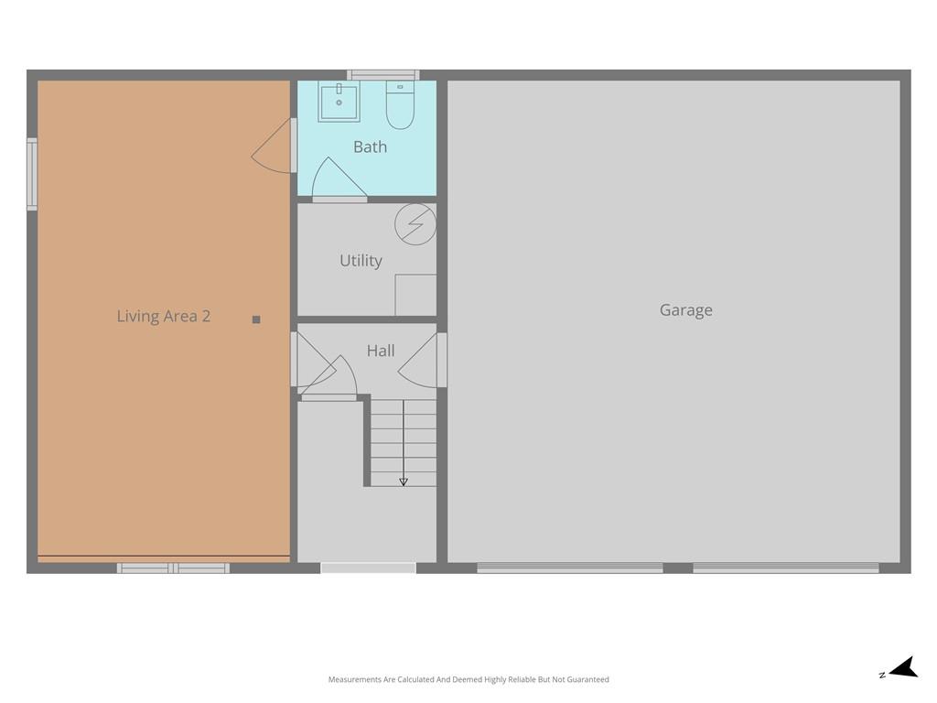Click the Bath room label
370,146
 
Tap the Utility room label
361,261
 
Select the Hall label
381,351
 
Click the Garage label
686,310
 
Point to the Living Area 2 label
164,316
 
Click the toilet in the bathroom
400,104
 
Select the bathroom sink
339,102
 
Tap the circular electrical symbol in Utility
415,224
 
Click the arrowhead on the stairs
404,481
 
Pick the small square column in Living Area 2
256,319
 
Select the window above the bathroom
383,75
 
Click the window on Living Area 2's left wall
32,174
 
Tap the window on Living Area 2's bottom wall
173,568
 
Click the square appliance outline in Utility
415,295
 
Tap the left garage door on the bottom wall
570,568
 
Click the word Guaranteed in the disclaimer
587,680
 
